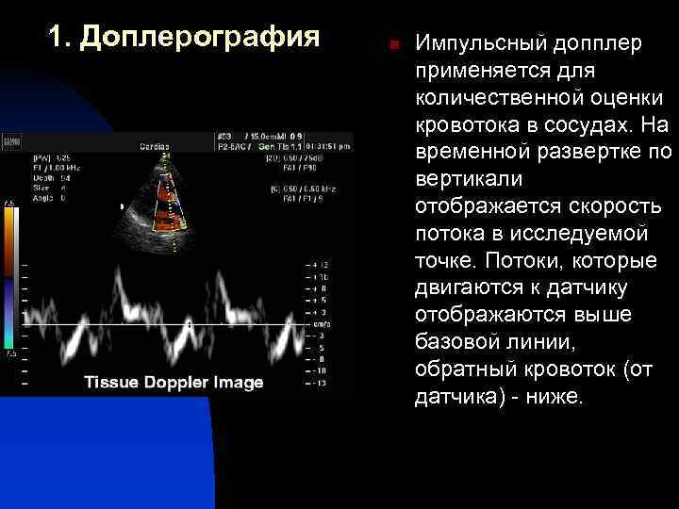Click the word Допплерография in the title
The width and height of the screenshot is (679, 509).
pos(200,38)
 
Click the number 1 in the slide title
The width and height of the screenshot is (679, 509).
pos(58,37)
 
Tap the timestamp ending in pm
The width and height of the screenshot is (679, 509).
pos(329,146)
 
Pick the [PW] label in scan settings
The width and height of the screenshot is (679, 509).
pos(42,157)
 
